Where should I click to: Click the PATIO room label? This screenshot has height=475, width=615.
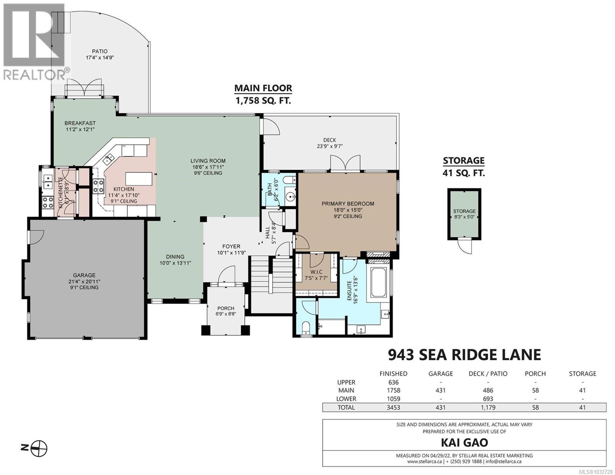click(x=100, y=51)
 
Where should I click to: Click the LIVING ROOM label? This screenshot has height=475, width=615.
click(x=208, y=161)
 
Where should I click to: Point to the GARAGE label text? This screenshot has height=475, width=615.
click(x=84, y=275)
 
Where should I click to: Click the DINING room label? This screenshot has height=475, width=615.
click(x=175, y=256)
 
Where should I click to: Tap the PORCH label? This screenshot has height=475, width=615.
click(x=225, y=308)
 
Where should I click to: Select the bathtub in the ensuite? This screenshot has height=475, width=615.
click(x=379, y=282)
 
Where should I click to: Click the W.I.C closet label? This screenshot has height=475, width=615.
click(x=317, y=272)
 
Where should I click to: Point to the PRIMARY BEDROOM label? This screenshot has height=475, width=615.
click(x=348, y=204)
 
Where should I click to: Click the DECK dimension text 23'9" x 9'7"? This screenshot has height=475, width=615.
click(x=329, y=146)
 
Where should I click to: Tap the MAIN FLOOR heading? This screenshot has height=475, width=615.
click(x=263, y=88)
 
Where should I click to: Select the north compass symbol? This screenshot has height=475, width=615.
click(x=40, y=448)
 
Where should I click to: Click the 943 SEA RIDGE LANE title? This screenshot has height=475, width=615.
click(x=464, y=355)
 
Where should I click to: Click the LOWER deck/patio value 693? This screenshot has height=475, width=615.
click(x=488, y=399)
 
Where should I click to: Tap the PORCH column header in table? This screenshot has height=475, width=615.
click(x=535, y=374)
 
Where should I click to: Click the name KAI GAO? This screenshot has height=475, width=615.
click(x=464, y=443)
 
